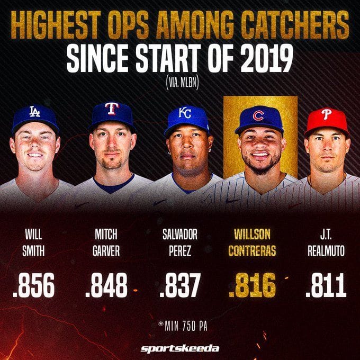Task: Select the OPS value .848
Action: (106, 286)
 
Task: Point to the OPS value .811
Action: (326, 286)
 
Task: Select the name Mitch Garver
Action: (106, 242)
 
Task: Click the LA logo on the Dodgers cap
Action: (34, 111)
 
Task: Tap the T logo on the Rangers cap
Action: (111, 109)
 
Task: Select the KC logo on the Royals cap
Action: (185, 113)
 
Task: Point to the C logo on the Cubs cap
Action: (258, 115)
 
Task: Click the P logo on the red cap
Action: (326, 114)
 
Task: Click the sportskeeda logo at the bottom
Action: (179, 348)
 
